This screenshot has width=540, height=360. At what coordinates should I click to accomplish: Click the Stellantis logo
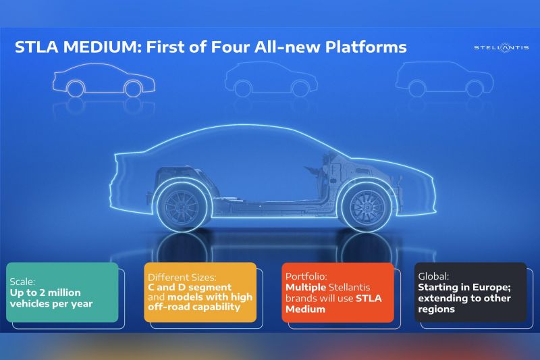tap(501, 47)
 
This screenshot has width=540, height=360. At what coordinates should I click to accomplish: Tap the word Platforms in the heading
tap(366, 47)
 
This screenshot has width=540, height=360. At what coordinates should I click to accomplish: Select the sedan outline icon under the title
tap(104, 80)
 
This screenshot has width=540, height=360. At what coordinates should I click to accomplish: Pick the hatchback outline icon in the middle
tap(271, 79)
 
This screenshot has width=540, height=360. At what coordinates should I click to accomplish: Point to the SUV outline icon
tap(444, 79)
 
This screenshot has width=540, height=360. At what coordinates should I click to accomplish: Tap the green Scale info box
tap(62, 292)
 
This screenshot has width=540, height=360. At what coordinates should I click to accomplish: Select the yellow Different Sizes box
tap(200, 292)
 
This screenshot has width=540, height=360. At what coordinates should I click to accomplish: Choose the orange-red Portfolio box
tap(338, 292)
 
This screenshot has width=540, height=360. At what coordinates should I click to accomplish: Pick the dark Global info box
tap(470, 292)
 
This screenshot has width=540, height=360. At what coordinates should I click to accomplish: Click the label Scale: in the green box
tap(22, 282)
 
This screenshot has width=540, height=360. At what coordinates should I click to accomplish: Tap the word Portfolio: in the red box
tap(306, 276)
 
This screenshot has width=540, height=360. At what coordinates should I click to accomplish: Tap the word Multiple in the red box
tap(306, 287)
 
